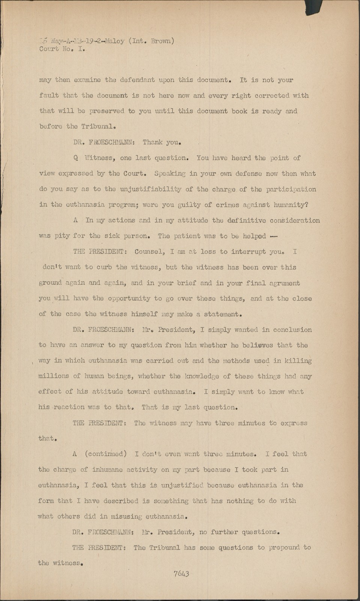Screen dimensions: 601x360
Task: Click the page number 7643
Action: pyautogui.click(x=181, y=574)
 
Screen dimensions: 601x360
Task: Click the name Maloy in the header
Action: pyautogui.click(x=114, y=41)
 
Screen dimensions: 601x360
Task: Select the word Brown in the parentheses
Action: pyautogui.click(x=161, y=41)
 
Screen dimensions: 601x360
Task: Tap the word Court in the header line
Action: pyautogui.click(x=49, y=49)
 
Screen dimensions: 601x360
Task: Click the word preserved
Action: pyautogui.click(x=107, y=111)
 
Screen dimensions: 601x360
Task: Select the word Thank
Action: pyautogui.click(x=152, y=142)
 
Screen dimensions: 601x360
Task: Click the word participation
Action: pyautogui.click(x=291, y=189)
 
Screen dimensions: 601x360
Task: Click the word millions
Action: pyautogui.click(x=53, y=376)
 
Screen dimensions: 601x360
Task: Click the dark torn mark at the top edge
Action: pyautogui.click(x=313, y=7)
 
